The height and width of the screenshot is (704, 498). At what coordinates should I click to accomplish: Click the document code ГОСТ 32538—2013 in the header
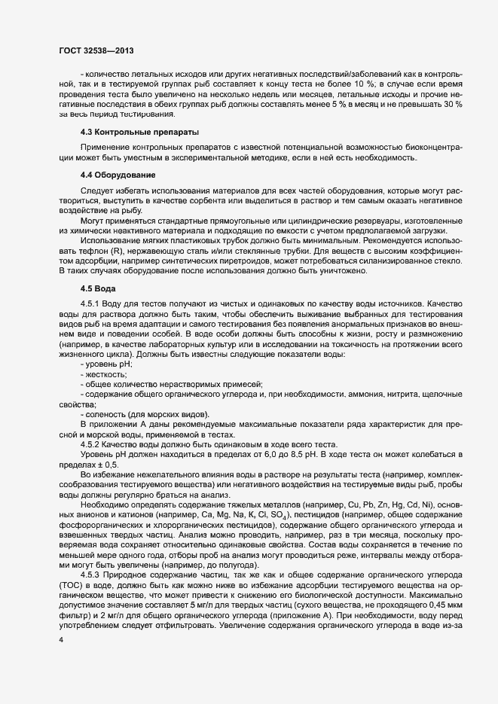point(96,50)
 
